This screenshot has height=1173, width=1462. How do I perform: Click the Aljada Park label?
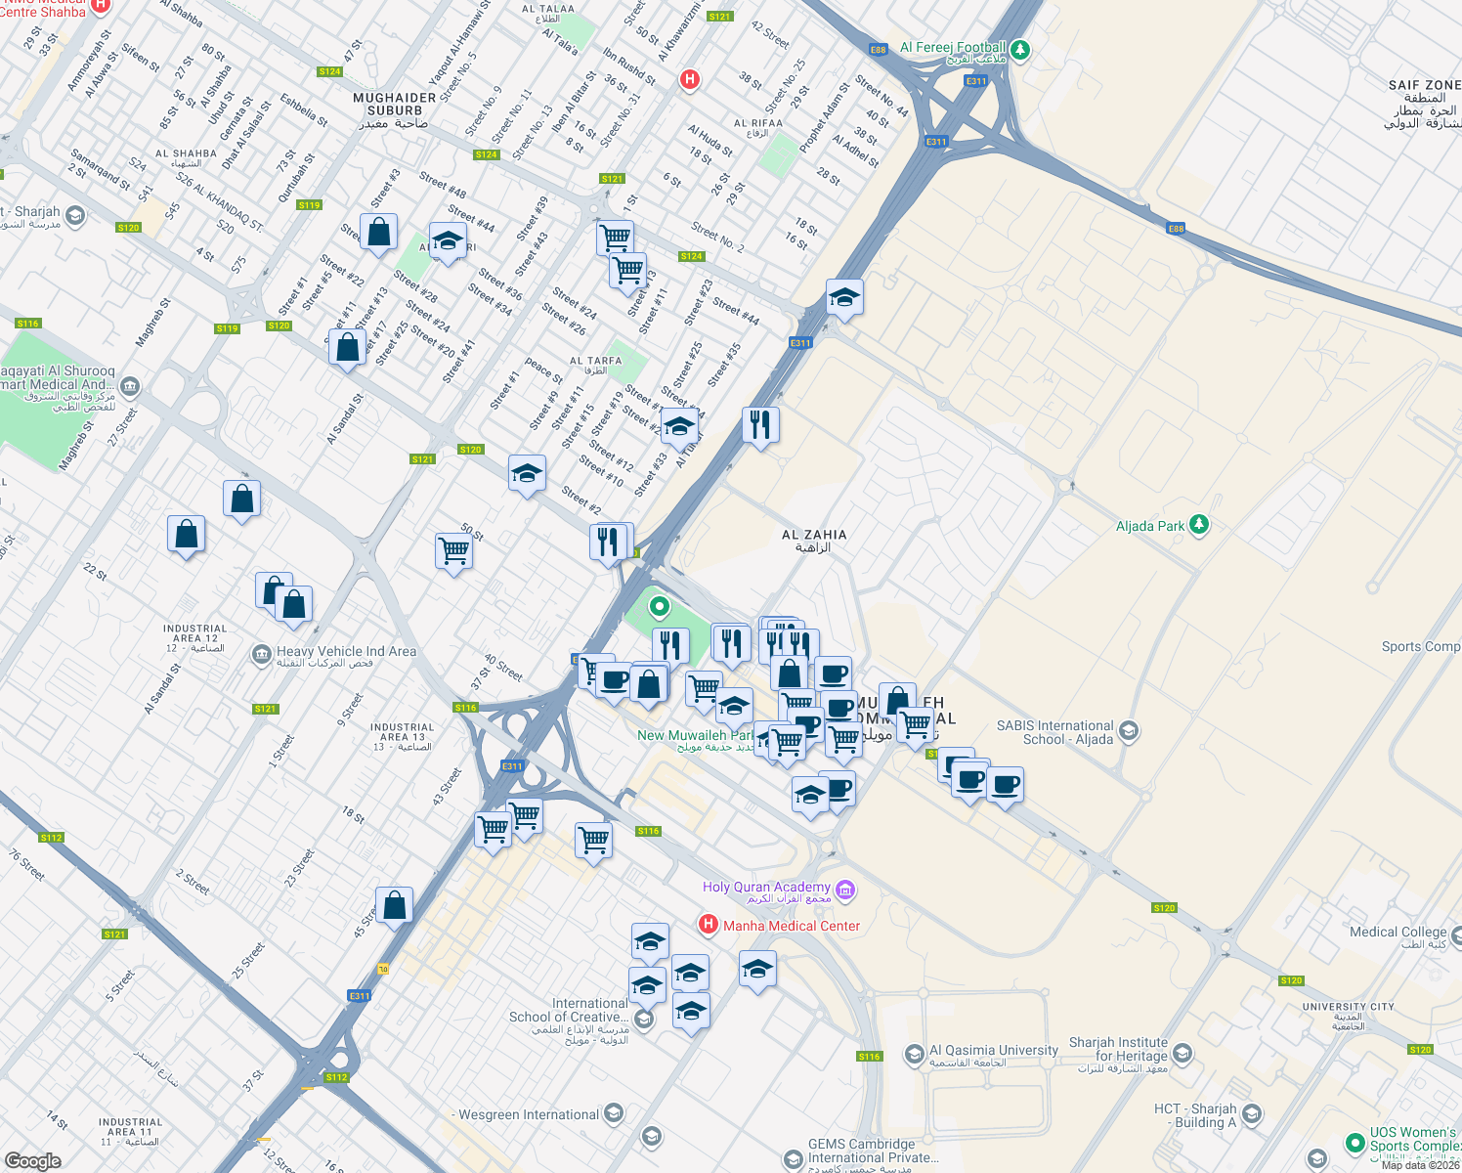pos(1150,526)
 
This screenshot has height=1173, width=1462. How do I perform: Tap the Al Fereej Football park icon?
pos(1020,48)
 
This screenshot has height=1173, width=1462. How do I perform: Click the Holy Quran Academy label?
pos(766,888)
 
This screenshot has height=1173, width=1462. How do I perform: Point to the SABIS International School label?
pos(1054,732)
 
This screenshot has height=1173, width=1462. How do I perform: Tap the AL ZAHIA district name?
pos(814,535)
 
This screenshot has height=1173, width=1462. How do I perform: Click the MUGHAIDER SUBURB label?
pos(395,105)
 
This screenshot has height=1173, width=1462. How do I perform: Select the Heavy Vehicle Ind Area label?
pos(346,652)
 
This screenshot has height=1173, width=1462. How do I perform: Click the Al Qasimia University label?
pos(993,1051)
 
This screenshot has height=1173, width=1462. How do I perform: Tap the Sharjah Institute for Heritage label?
pos(1118,1050)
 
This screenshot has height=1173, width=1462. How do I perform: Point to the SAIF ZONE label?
pos(1424,86)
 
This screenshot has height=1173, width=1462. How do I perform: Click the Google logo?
pos(33,1160)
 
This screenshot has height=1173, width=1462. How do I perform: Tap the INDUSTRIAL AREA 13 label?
pos(402,734)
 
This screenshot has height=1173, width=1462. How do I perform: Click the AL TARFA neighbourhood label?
pos(595,361)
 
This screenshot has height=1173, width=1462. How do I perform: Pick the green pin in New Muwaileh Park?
pos(660,608)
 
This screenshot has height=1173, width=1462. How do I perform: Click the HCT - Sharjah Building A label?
pos(1195,1115)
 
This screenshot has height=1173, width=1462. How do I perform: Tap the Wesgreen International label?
pos(529,1115)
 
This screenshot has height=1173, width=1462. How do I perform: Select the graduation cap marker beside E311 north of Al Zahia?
pos(844,298)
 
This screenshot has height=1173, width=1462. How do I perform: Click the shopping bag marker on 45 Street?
pos(394,905)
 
